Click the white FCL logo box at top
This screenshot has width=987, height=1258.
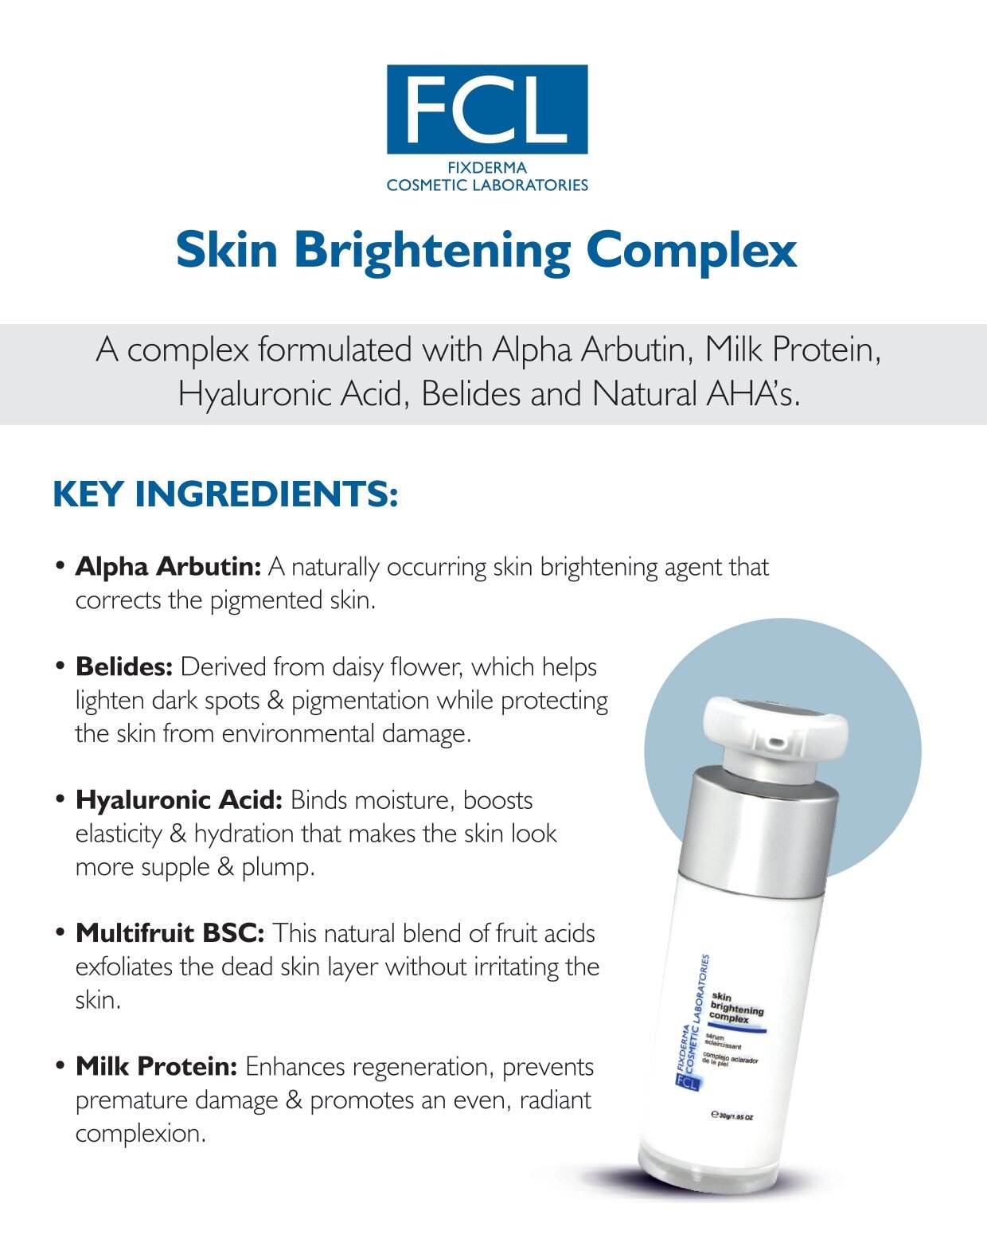(x=487, y=109)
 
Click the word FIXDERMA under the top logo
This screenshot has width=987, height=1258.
(x=487, y=168)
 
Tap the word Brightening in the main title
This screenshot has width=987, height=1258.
(x=432, y=252)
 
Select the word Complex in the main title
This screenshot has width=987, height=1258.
(x=692, y=252)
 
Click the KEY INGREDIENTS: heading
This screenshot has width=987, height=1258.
(x=225, y=494)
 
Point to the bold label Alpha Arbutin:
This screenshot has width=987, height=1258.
(x=169, y=567)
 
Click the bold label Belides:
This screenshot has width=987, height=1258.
(x=124, y=667)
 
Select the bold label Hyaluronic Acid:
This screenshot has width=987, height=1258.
(x=179, y=801)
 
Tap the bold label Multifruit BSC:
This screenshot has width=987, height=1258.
(x=170, y=934)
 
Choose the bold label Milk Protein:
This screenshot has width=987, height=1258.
(x=156, y=1067)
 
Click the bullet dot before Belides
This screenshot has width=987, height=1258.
(x=60, y=666)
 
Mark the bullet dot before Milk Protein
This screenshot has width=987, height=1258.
(x=60, y=1066)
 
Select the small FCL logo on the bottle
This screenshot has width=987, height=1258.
(x=687, y=1081)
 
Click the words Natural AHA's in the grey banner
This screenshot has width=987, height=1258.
(x=696, y=394)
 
